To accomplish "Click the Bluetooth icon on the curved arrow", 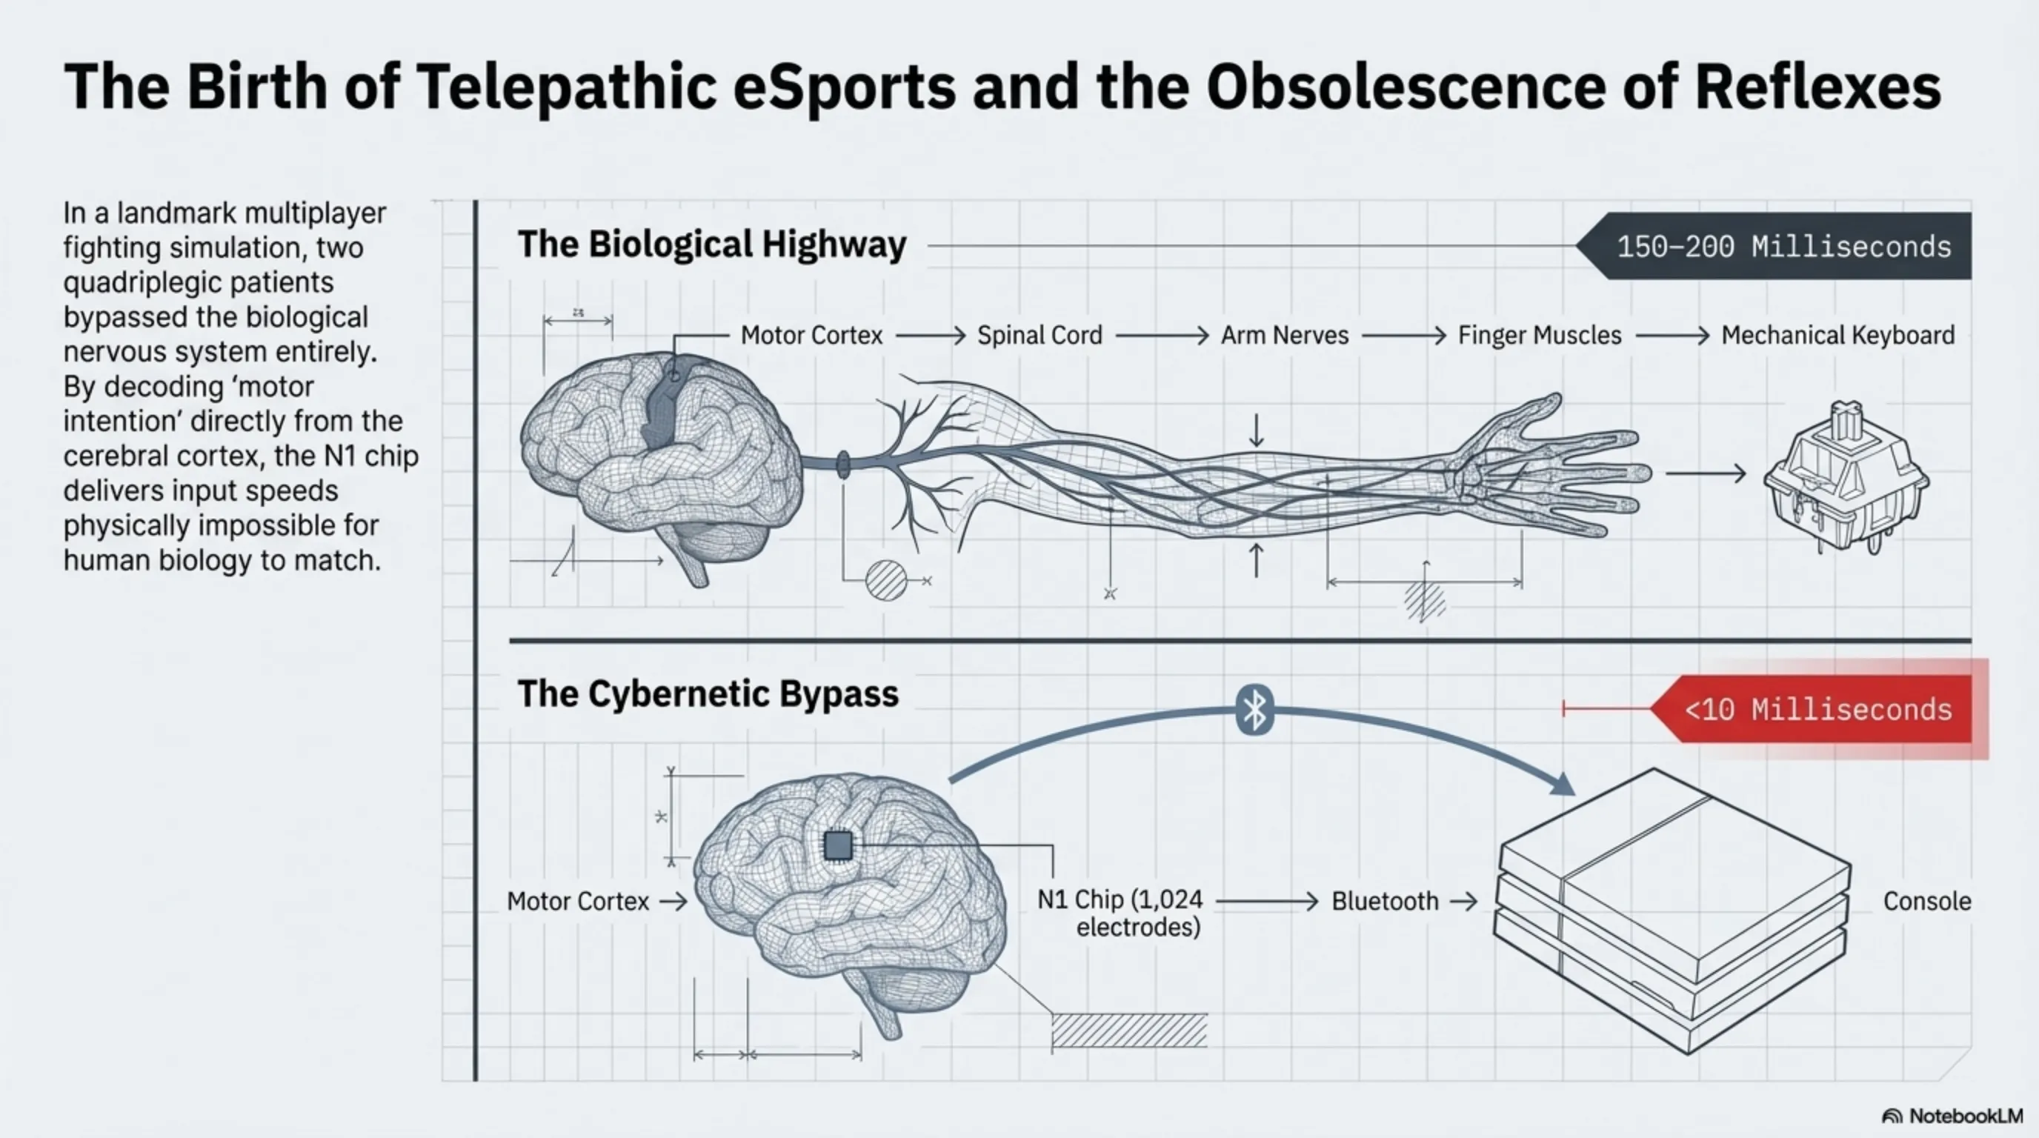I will coord(1254,710).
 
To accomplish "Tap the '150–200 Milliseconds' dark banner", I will coord(1781,246).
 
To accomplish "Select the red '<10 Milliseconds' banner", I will coord(1817,709).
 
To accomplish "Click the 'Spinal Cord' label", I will coord(1040,336).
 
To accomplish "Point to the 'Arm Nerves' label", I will coord(1284,336).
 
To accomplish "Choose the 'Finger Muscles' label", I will coord(1540,336).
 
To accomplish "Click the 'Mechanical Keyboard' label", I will coord(1838,336).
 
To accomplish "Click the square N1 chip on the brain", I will coord(838,845).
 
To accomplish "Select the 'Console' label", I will coord(1926,902).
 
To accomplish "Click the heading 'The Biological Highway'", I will coord(711,244).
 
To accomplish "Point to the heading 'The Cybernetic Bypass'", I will coord(708,694).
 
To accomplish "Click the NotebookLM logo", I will coord(1952,1116).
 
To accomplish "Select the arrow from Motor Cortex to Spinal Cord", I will coord(930,336).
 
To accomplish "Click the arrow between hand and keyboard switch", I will coord(1705,474).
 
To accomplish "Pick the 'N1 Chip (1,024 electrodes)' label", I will coord(1120,914).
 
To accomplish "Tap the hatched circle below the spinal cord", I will coord(885,580).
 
